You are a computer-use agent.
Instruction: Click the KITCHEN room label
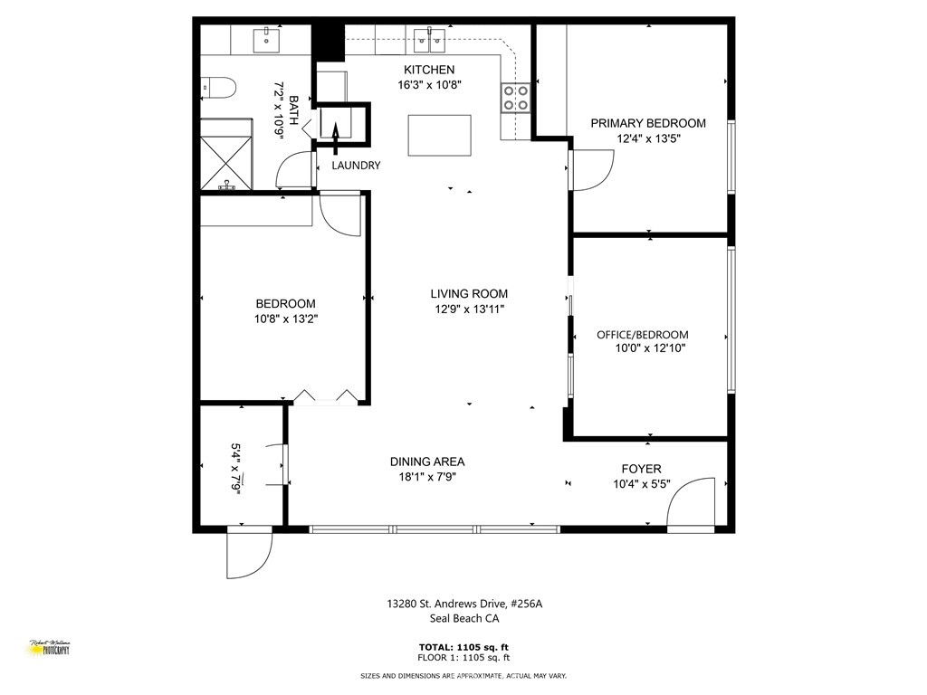(x=429, y=70)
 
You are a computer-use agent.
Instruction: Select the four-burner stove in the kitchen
(x=516, y=97)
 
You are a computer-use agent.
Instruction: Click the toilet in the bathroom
(x=219, y=88)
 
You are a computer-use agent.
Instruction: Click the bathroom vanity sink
(x=267, y=39)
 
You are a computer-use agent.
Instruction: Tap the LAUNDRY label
(x=356, y=166)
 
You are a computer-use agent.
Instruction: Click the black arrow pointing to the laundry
(x=334, y=136)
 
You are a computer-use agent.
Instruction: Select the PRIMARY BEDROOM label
(x=648, y=123)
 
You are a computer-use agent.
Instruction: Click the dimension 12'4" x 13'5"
(x=648, y=138)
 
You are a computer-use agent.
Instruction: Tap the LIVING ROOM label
(x=469, y=293)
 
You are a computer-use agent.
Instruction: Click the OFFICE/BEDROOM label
(x=642, y=334)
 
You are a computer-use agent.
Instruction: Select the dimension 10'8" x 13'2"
(x=286, y=319)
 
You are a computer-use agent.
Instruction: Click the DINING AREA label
(x=427, y=462)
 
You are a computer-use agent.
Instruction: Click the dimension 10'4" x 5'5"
(x=641, y=483)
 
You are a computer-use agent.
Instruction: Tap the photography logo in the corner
(x=50, y=647)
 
